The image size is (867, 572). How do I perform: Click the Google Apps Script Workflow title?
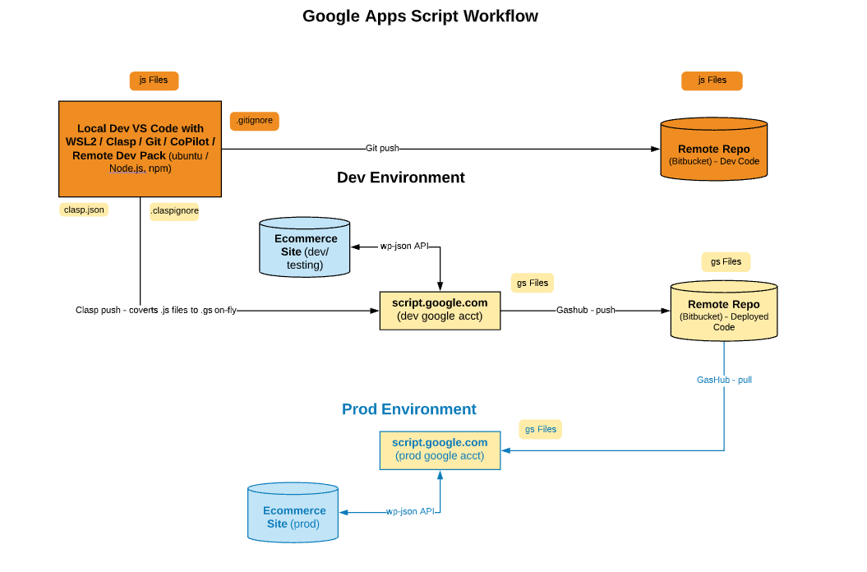420,16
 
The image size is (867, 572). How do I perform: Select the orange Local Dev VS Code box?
140,149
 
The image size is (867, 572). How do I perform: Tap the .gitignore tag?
255,121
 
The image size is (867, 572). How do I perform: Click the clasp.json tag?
84,210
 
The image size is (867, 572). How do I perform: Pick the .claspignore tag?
174,210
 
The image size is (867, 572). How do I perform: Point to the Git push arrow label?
382,148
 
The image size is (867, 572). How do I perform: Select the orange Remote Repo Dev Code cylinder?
714,149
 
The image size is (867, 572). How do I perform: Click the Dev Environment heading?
401,177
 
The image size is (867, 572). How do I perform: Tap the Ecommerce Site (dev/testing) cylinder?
305,247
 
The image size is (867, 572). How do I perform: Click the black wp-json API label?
404,247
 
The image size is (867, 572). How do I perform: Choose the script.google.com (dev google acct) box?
440,311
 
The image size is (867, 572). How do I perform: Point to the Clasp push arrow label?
156,311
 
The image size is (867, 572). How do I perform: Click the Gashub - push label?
586,311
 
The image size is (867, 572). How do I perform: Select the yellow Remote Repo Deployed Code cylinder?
724,311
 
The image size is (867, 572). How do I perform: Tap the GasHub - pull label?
724,380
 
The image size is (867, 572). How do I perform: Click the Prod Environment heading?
408,409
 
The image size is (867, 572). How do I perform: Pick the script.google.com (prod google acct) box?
440,450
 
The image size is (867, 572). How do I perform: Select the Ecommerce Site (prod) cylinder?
293,512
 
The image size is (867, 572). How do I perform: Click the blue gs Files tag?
540,429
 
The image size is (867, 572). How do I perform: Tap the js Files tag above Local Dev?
154,81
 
